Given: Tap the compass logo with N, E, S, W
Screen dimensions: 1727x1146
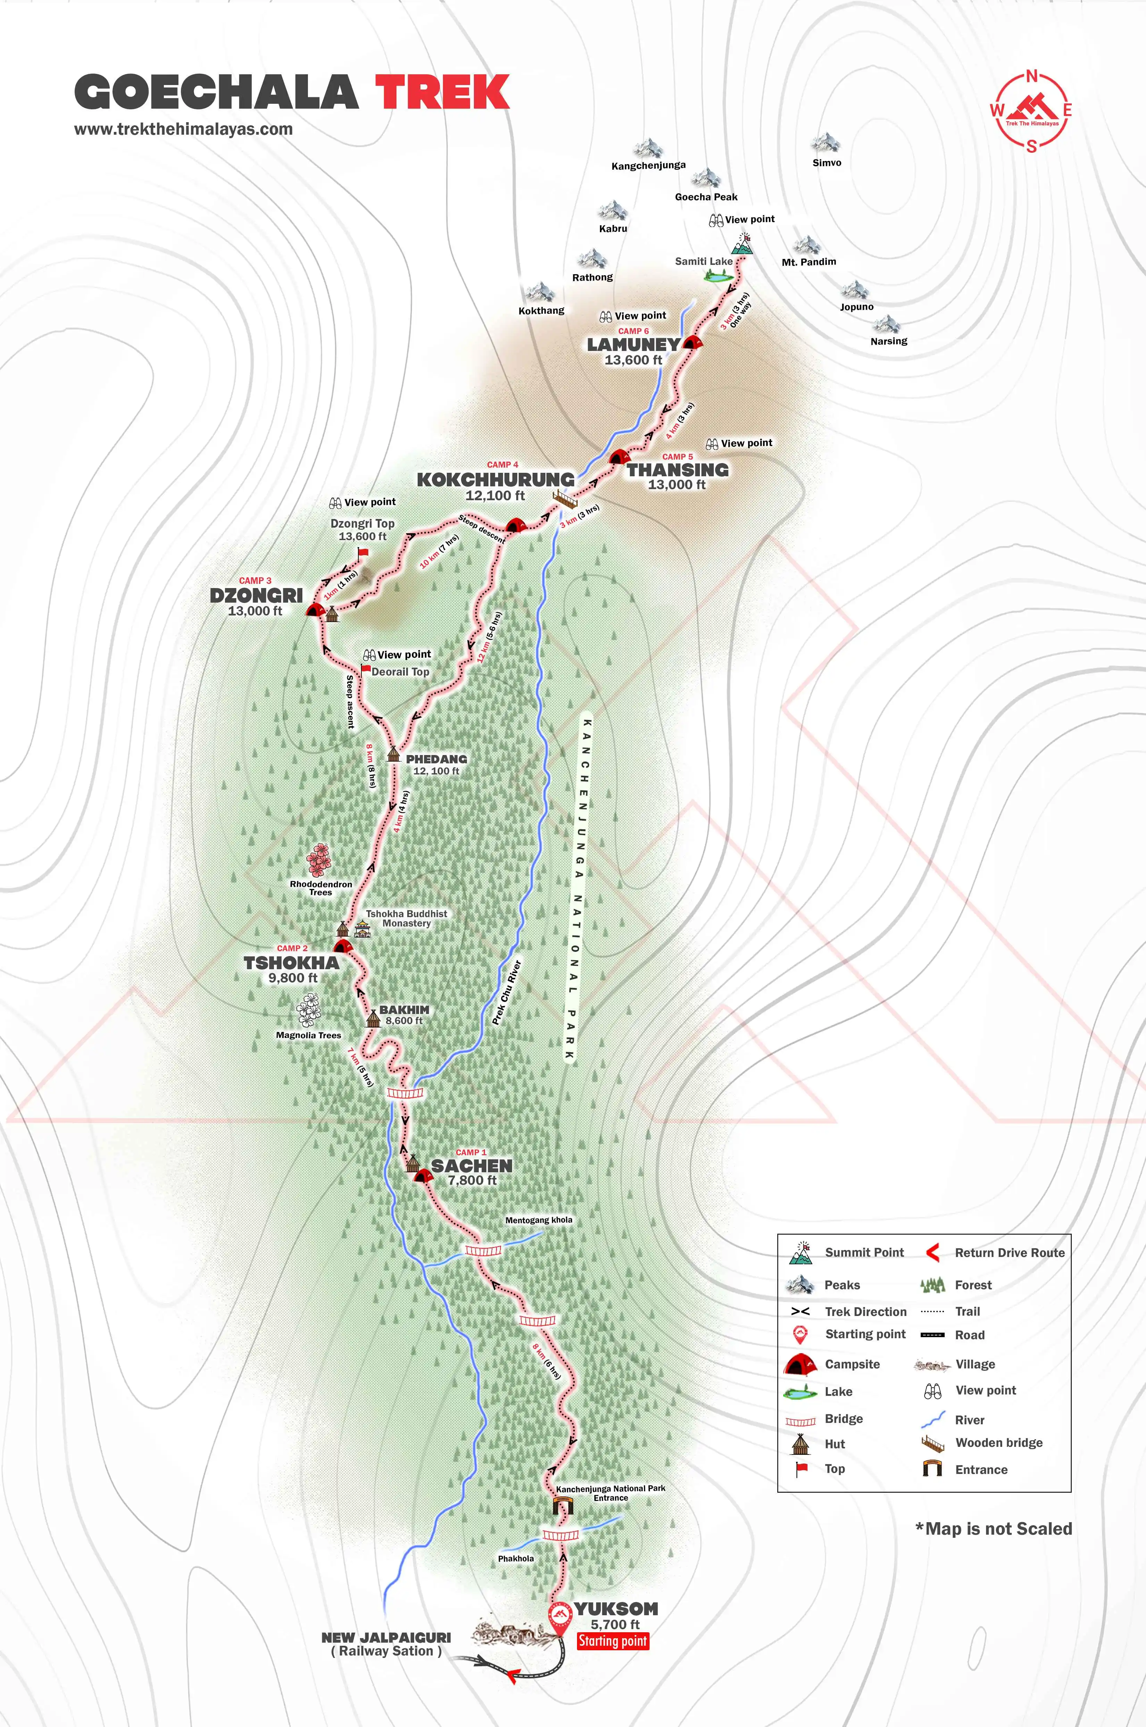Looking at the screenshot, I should [x=1031, y=111].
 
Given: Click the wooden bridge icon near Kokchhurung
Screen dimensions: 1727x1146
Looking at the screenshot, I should [x=564, y=499].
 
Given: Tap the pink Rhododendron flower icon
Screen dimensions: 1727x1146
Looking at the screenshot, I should [x=319, y=860].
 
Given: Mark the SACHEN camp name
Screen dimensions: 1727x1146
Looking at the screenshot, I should [x=471, y=1166].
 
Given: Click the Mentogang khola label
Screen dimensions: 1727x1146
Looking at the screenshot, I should [x=539, y=1220].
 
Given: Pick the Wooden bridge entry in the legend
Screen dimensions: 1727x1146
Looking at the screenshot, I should [x=998, y=1443].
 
